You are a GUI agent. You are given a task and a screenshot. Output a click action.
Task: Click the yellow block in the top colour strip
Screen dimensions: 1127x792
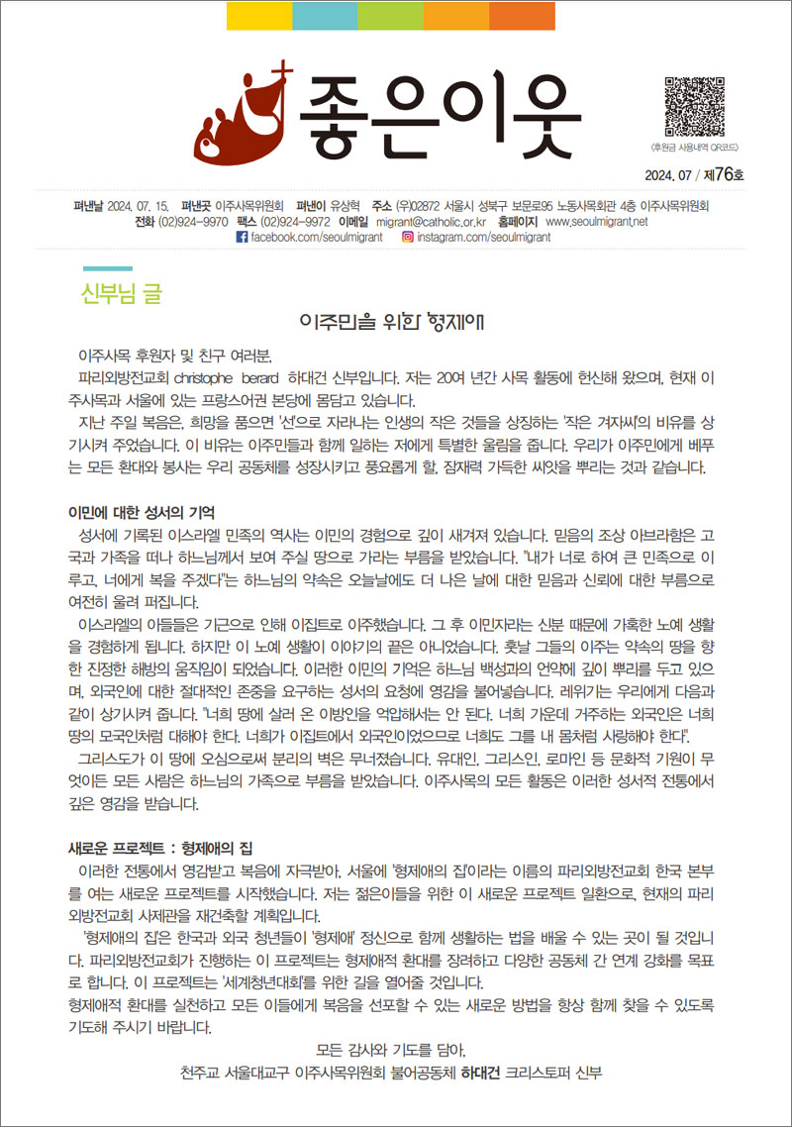259,16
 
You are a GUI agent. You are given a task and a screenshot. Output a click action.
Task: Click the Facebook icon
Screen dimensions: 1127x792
242,239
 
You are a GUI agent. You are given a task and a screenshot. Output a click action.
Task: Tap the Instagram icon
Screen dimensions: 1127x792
407,239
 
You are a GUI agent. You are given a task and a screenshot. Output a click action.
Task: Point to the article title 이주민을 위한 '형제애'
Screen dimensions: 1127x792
397,323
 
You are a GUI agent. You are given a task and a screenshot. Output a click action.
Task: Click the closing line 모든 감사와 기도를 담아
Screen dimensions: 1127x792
390,1050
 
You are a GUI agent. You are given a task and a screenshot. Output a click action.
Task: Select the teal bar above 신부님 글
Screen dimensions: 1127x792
107,268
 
